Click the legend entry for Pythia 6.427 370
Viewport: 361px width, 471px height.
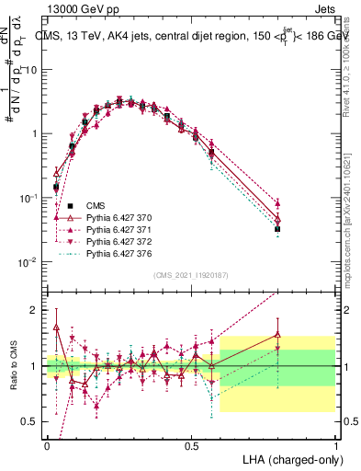pyautogui.click(x=112, y=217)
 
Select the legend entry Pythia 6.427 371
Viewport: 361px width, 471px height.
pyautogui.click(x=112, y=229)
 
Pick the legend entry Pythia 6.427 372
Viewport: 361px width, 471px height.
pyautogui.click(x=112, y=241)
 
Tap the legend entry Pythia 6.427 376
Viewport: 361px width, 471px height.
pyautogui.click(x=112, y=253)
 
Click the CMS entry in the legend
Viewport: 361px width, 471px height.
pyautogui.click(x=96, y=205)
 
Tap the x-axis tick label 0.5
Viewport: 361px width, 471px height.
pyautogui.click(x=191, y=445)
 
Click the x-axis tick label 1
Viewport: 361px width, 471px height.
pyautogui.click(x=335, y=445)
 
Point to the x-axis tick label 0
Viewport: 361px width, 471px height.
pyautogui.click(x=47, y=445)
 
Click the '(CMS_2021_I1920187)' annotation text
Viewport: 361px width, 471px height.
pyautogui.click(x=191, y=274)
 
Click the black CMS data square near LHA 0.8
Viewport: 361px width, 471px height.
pyautogui.click(x=277, y=228)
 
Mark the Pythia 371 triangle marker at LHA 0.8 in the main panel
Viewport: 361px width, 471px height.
pyautogui.click(x=277, y=203)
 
